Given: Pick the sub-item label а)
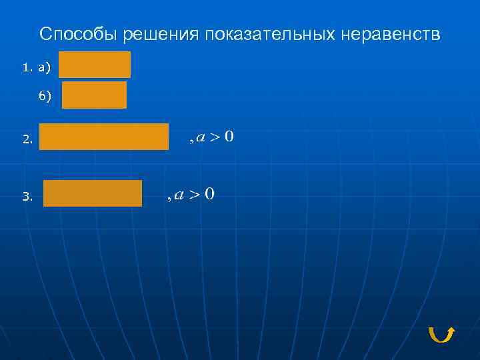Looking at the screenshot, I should pos(45,67).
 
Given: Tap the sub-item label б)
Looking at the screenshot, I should pos(45,97).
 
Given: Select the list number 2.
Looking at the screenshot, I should pos(27,140).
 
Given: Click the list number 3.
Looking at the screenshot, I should pos(27,197).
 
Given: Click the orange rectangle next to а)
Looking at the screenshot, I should pos(95,65).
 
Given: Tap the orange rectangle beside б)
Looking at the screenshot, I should pos(94,95).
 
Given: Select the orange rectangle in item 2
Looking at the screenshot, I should pos(104,137).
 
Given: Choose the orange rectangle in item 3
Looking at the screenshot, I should pos(93,193).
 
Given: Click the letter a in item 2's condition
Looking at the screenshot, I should pos(200,138).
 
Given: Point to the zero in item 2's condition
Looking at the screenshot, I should pos(229,137).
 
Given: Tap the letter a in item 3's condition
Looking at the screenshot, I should pos(179,195).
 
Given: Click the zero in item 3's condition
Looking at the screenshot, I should pos(209,194).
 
